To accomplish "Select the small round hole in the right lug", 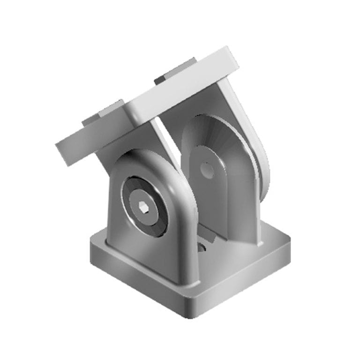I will click(207, 170).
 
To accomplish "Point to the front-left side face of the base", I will click(136, 281).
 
